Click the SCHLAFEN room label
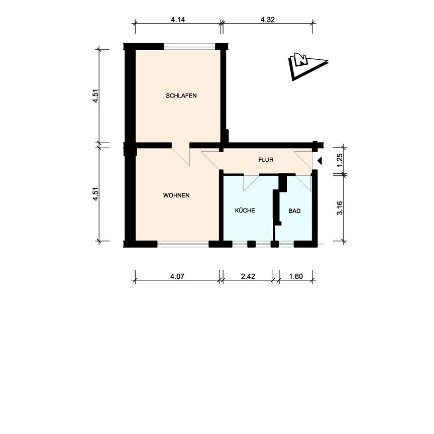[x=181, y=95]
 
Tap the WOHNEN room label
[x=176, y=195]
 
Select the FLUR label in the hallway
[x=266, y=160]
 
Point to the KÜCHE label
[x=245, y=211]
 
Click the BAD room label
[x=294, y=211]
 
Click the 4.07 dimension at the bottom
[x=178, y=276]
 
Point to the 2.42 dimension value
[x=248, y=276]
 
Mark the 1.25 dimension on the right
[x=340, y=160]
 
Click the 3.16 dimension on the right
[x=340, y=207]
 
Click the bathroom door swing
[x=304, y=182]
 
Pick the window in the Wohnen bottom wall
[x=183, y=244]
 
